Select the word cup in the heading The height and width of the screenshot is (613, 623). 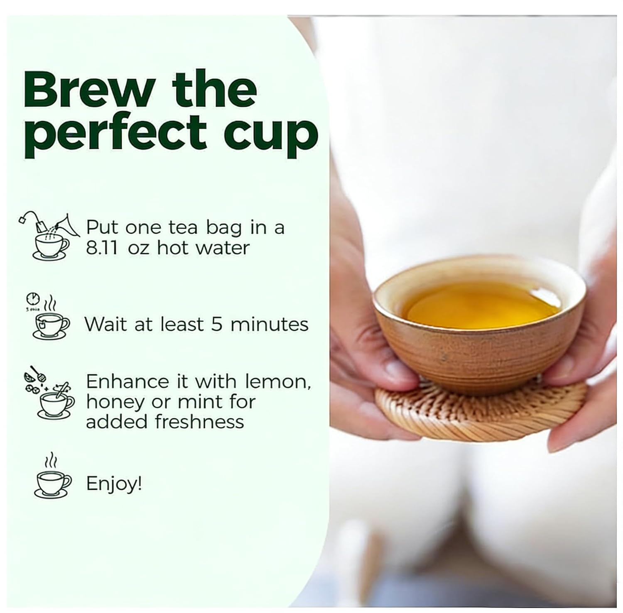[x=271, y=137]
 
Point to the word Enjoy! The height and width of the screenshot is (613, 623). [x=114, y=484]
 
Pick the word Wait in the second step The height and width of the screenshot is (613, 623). [x=105, y=324]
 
